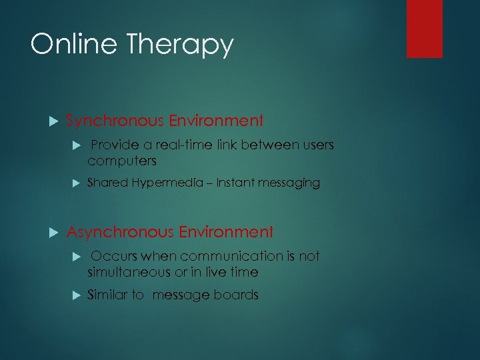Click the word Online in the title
71,45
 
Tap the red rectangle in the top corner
425,29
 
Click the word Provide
113,145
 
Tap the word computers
121,161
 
